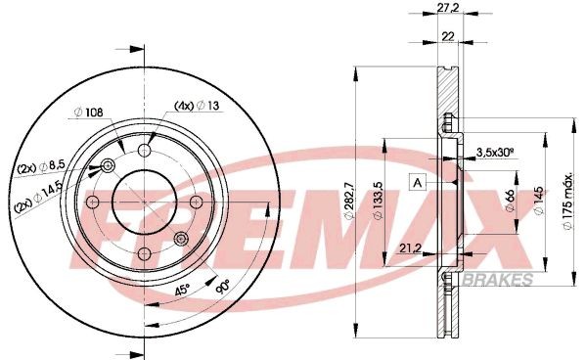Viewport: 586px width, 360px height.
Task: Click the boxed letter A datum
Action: click(418, 183)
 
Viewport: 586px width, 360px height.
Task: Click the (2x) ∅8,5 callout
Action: click(41, 167)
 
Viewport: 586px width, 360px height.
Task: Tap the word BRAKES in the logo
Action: click(505, 280)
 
